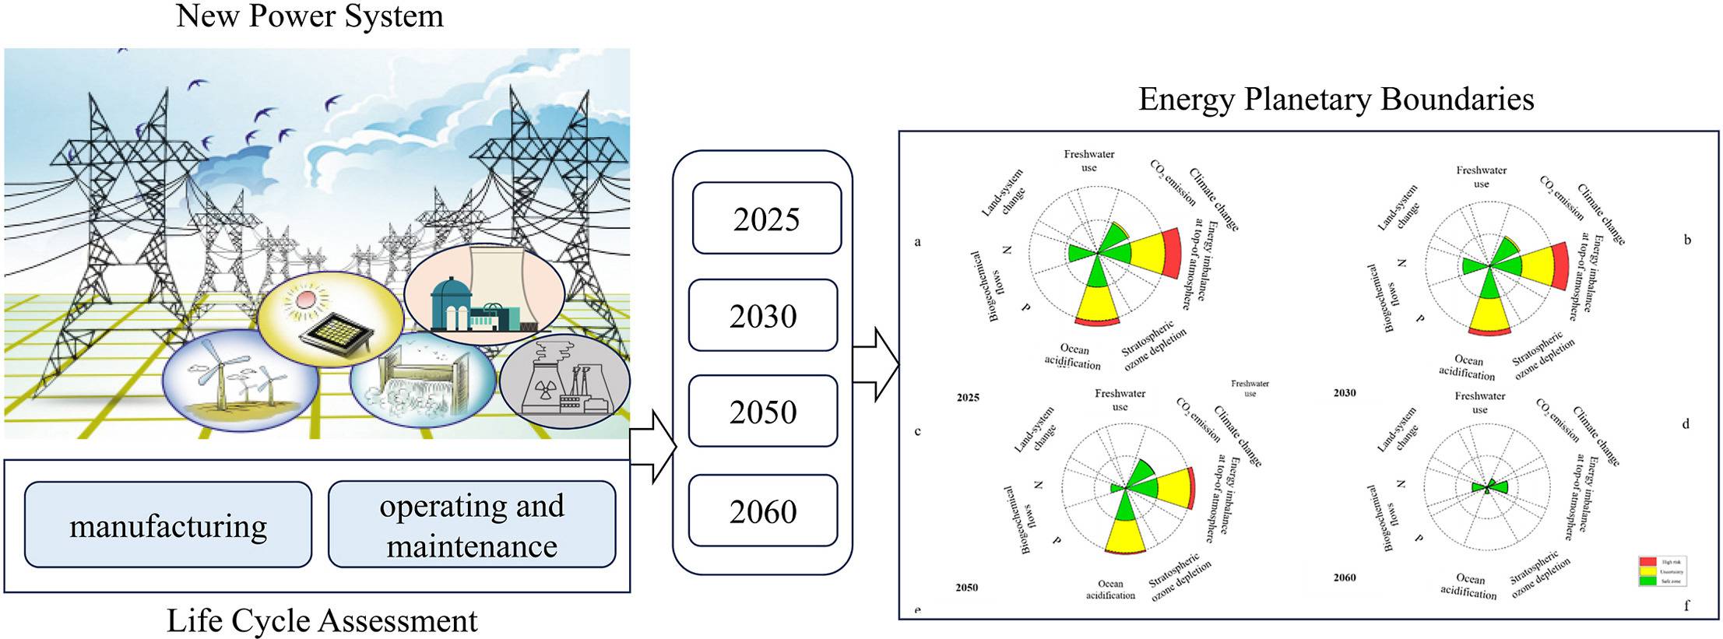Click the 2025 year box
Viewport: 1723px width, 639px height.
766,219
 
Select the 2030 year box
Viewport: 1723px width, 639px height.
763,315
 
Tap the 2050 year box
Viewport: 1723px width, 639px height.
763,411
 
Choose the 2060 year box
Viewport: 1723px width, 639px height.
763,511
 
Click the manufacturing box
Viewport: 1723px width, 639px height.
168,525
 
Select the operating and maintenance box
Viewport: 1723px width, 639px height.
472,525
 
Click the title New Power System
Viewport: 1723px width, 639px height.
309,16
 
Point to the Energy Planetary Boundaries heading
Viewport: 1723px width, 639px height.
1336,99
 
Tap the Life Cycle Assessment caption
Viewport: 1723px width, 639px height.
322,620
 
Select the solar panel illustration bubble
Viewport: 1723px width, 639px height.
330,319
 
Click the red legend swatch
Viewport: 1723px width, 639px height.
1647,561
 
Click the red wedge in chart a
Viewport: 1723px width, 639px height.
1170,254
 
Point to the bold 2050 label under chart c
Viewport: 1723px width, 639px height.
966,588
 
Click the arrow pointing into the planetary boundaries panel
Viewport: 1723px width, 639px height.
877,364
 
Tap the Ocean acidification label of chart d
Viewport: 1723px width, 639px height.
1469,585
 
